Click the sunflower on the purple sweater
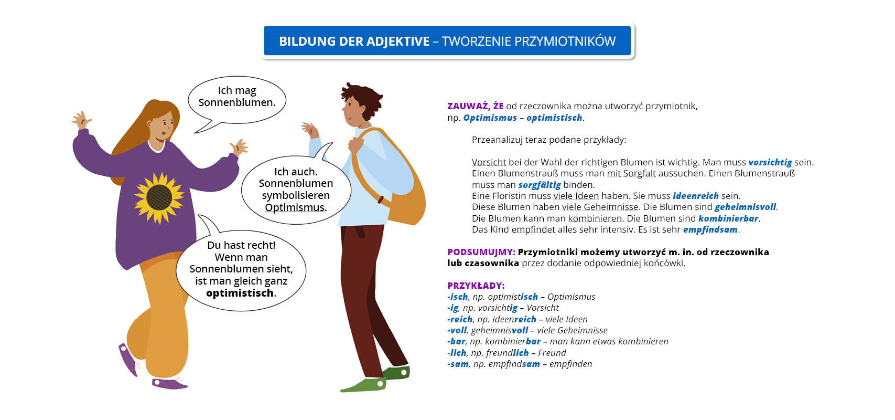click(x=159, y=197)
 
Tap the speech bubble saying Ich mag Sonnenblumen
click(x=237, y=97)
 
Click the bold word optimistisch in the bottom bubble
click(x=240, y=293)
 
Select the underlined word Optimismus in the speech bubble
click(x=295, y=207)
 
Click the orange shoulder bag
click(x=404, y=205)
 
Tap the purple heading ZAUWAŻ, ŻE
click(x=475, y=106)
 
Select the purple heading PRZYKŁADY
click(x=476, y=286)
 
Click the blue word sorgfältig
click(x=540, y=185)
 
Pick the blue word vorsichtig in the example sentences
click(x=770, y=162)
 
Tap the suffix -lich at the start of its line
click(x=457, y=353)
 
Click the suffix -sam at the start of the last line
click(x=458, y=364)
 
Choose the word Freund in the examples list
click(x=552, y=353)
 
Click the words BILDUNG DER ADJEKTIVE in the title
click(x=354, y=41)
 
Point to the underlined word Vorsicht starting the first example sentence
click(x=489, y=162)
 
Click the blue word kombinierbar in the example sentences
click(x=728, y=218)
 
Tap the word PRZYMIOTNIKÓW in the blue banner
click(x=565, y=41)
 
